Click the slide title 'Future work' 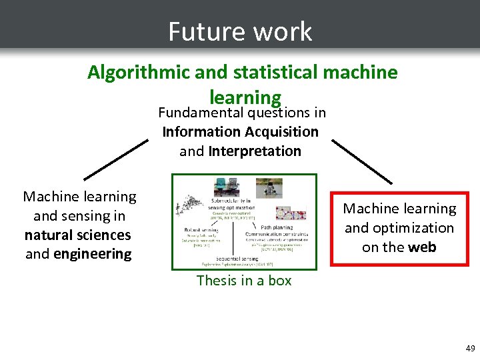coord(240,31)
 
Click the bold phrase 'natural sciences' coord(78,235)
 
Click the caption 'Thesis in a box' coord(244,281)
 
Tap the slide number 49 coord(470,348)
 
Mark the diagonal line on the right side coord(362,161)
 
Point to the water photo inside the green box coord(269,187)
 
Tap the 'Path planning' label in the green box coord(276,227)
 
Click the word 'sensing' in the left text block coord(104,216)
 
